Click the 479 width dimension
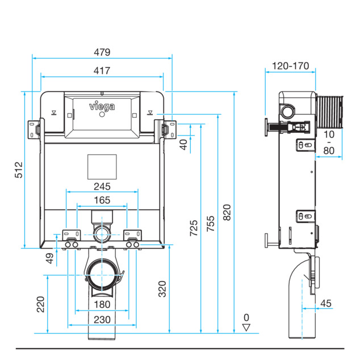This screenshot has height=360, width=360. click(102, 52)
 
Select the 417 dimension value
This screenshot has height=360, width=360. click(102, 70)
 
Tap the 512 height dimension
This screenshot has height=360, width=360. click(19, 170)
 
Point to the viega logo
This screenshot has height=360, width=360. click(102, 106)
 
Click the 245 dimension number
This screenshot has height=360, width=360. click(102, 186)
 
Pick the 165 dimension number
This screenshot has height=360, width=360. click(102, 200)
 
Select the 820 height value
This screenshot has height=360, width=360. click(227, 212)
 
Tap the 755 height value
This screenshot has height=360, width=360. click(210, 223)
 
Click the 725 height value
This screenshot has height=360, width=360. click(194, 228)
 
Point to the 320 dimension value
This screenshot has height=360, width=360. click(162, 289)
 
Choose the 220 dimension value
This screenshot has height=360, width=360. click(40, 304)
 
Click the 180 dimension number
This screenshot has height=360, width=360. click(102, 304)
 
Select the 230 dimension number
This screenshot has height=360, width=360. click(102, 320)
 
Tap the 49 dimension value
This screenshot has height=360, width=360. click(49, 258)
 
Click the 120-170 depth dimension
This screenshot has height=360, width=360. click(290, 66)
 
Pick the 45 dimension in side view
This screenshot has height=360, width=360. click(326, 303)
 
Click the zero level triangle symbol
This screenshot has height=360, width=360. click(246, 328)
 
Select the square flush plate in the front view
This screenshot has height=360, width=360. click(102, 167)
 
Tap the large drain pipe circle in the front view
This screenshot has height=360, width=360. click(101, 275)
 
